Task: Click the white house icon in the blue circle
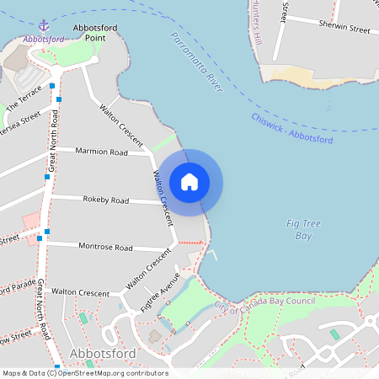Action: (189, 181)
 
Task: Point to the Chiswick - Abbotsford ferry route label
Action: (291, 128)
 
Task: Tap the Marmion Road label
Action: (101, 152)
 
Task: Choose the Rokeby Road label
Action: (105, 200)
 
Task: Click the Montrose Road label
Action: (105, 248)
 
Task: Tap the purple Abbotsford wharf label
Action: (45, 39)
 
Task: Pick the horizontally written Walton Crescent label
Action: (81, 291)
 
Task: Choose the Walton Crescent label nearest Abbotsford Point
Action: (120, 122)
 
